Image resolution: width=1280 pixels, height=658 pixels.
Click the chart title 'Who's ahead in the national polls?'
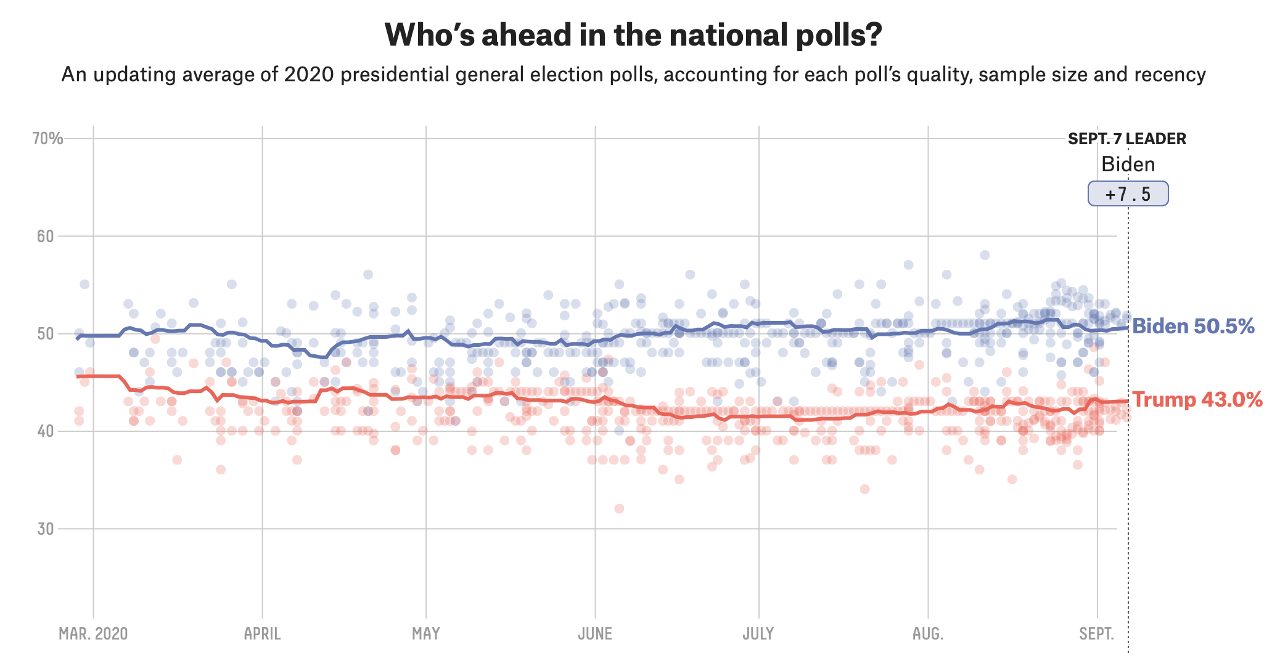click(633, 35)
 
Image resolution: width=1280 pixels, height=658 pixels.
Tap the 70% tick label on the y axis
click(47, 139)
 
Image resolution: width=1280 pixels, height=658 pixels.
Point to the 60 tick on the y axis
click(45, 236)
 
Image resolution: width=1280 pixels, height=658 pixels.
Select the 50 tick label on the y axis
click(45, 334)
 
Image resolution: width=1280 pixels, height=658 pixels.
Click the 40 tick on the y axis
click(45, 431)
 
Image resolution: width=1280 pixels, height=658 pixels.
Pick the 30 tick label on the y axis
click(45, 529)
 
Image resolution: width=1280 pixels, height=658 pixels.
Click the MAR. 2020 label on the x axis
click(93, 634)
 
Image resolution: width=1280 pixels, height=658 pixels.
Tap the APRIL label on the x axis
click(262, 634)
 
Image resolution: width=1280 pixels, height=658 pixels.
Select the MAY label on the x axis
click(425, 634)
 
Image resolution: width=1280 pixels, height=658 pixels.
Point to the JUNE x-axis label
click(595, 634)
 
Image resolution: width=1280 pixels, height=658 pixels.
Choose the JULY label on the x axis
click(758, 634)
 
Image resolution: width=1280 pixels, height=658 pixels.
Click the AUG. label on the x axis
click(928, 634)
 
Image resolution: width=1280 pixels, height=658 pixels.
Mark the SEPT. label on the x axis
click(1097, 634)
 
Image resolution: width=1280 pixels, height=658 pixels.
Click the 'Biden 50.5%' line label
click(1193, 327)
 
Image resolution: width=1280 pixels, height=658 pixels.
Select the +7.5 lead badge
click(1128, 194)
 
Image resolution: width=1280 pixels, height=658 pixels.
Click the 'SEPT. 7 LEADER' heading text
click(1127, 139)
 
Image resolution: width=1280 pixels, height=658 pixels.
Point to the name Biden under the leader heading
click(1128, 164)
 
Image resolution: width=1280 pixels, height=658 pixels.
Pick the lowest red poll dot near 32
click(619, 508)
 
